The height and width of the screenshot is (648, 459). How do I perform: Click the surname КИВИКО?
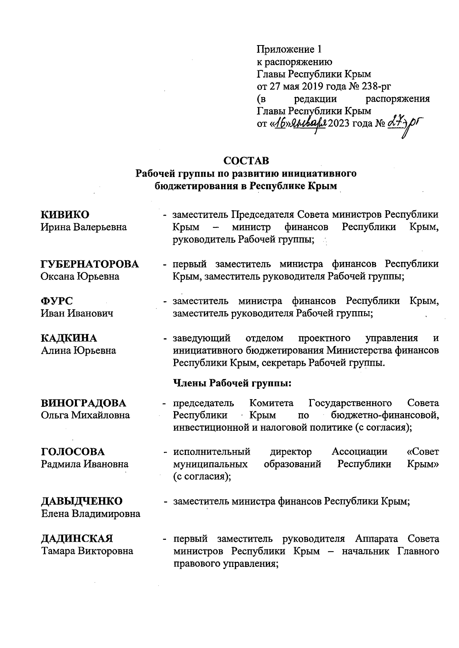[x=65, y=214]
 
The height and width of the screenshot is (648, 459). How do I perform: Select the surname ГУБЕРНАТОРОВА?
[x=90, y=264]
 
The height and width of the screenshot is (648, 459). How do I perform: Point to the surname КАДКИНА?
[x=69, y=338]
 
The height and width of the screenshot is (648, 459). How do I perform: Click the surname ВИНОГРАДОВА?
[x=84, y=403]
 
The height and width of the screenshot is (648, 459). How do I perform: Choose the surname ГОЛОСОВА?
[x=73, y=452]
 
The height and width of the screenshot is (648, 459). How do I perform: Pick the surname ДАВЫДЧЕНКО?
[x=82, y=501]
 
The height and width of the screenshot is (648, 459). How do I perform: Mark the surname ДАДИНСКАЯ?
[x=77, y=539]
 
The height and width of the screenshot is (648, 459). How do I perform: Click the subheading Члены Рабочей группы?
[x=233, y=383]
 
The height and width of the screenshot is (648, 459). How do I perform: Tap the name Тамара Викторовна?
[x=87, y=551]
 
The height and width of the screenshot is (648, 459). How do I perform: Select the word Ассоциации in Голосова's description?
[x=359, y=452]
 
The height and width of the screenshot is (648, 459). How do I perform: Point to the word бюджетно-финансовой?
[x=385, y=415]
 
